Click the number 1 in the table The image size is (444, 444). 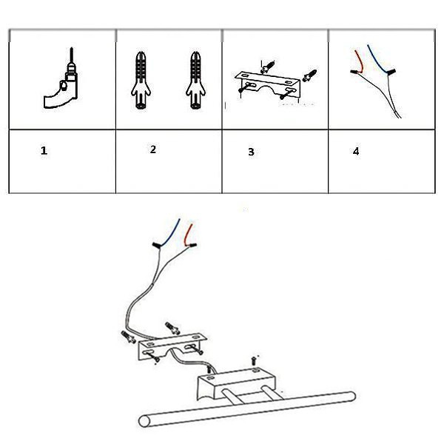(44, 151)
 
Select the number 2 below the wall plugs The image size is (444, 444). (153, 149)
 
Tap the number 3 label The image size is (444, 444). (251, 152)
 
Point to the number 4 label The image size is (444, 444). (356, 152)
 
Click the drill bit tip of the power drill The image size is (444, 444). (72, 48)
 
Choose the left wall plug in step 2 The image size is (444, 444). (141, 80)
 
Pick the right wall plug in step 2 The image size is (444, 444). (195, 80)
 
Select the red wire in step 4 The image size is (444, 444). (360, 61)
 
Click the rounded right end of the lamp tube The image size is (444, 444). (351, 397)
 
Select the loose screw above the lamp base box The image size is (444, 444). (254, 360)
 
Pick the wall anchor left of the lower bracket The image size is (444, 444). (128, 337)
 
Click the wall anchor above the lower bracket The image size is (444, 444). (172, 328)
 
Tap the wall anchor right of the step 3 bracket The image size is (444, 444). (309, 75)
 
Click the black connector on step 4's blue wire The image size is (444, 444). (391, 72)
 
